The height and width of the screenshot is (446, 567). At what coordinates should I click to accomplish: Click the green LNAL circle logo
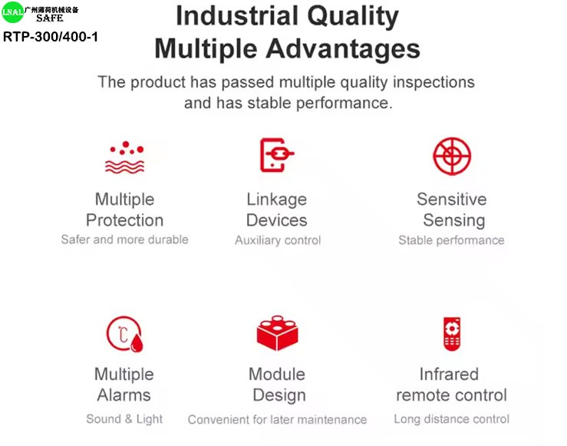click(x=12, y=12)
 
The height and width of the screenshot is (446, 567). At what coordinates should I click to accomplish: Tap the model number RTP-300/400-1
click(x=51, y=37)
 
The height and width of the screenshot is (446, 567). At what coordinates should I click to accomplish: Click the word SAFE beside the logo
click(x=50, y=18)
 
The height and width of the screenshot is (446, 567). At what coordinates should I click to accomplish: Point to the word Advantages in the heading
click(x=343, y=49)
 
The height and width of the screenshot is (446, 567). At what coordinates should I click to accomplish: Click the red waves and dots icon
click(x=124, y=157)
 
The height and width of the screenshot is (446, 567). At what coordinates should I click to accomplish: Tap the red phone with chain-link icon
click(x=277, y=155)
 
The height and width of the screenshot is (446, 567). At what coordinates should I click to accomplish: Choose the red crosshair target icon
click(x=452, y=156)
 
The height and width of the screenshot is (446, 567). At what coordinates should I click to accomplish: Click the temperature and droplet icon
click(x=124, y=333)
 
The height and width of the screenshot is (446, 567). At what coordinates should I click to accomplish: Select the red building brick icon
click(x=277, y=333)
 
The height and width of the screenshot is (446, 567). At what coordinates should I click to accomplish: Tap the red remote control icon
click(x=452, y=333)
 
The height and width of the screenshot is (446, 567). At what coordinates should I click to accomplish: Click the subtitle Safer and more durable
click(x=125, y=240)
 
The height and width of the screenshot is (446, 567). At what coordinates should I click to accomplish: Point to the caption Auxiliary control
click(x=278, y=240)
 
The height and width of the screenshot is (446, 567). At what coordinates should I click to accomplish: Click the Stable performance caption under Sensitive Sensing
click(x=451, y=240)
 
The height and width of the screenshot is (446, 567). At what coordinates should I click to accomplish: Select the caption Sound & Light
click(x=124, y=419)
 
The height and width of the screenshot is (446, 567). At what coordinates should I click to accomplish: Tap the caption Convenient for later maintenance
click(x=277, y=420)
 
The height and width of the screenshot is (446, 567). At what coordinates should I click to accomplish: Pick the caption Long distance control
click(x=451, y=419)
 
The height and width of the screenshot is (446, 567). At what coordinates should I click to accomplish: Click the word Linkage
click(x=277, y=200)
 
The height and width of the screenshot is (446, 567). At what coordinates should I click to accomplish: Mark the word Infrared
click(x=449, y=374)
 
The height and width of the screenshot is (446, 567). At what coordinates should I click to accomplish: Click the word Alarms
click(x=124, y=395)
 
